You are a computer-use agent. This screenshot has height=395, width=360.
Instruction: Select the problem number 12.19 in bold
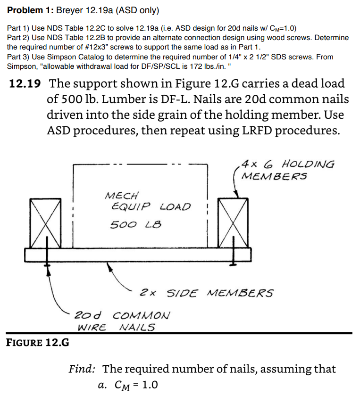(25, 85)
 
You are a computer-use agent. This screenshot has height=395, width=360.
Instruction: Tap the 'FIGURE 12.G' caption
(37, 342)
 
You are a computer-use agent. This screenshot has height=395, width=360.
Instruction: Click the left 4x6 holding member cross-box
(45, 223)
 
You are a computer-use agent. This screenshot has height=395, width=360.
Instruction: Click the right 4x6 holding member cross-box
(233, 222)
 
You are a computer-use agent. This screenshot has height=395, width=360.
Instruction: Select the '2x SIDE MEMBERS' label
(206, 293)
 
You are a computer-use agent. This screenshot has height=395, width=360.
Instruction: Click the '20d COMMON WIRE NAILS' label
(122, 321)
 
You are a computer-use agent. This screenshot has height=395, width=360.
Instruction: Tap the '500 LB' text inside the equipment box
(135, 225)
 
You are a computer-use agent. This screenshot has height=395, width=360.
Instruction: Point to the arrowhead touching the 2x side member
(109, 266)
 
